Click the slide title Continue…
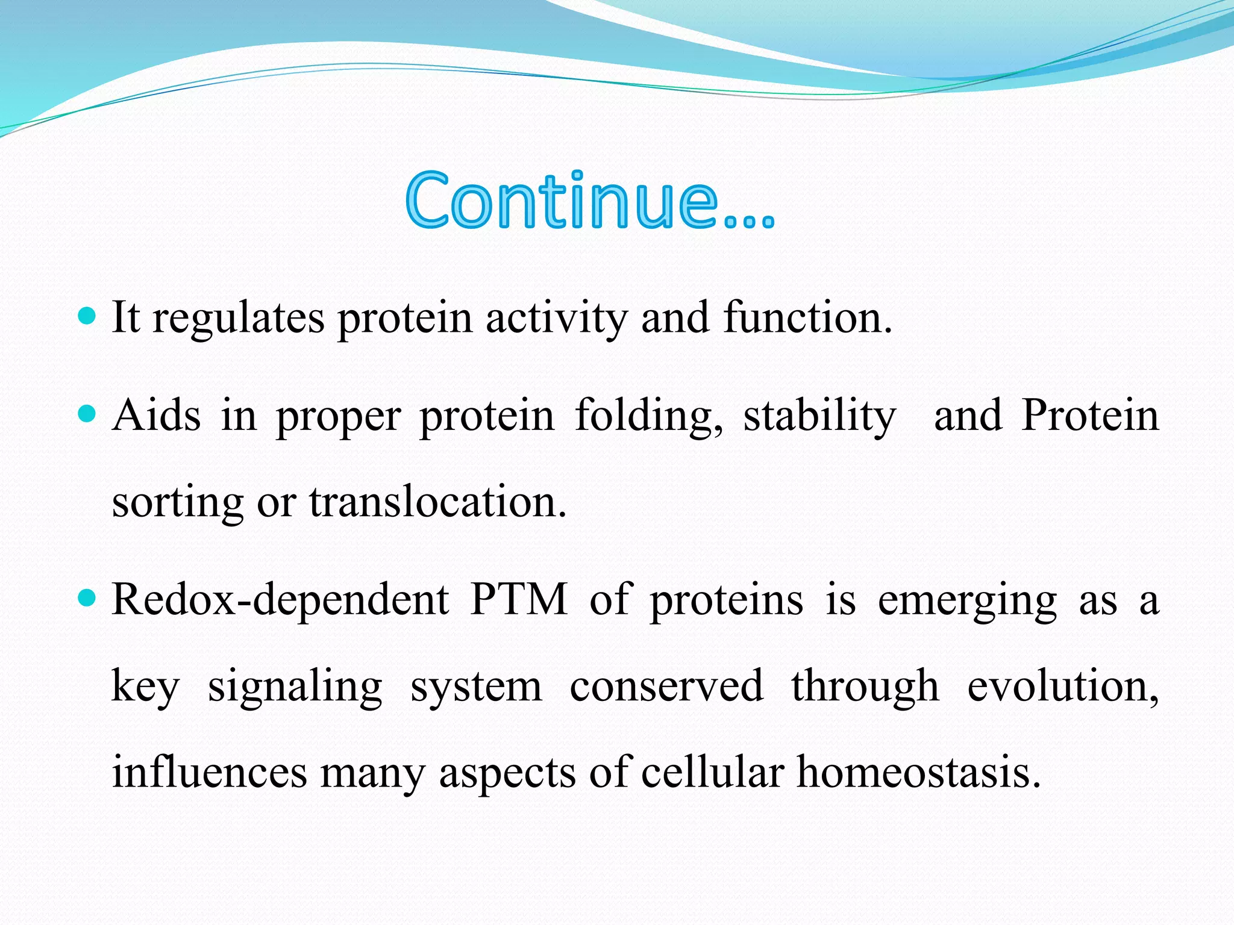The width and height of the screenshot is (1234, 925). click(x=589, y=201)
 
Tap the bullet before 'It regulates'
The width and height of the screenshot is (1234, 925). click(x=88, y=316)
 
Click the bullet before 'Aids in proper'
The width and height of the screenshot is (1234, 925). click(x=88, y=414)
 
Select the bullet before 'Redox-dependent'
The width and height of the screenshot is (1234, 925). click(x=88, y=598)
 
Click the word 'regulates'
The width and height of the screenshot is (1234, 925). click(x=239, y=319)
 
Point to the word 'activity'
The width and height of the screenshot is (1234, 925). click(x=557, y=319)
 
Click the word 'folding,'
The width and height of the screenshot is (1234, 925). click(x=649, y=417)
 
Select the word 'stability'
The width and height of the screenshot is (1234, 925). click(x=819, y=417)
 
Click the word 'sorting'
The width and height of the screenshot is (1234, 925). click(x=178, y=503)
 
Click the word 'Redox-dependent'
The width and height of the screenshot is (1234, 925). click(x=280, y=600)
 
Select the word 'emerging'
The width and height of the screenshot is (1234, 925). click(x=967, y=602)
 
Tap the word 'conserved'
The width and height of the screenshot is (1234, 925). click(x=666, y=686)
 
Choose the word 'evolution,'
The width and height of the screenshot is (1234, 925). click(x=1063, y=687)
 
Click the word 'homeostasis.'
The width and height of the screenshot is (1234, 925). click(x=919, y=773)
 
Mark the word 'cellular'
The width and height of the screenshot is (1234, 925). click(x=712, y=773)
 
